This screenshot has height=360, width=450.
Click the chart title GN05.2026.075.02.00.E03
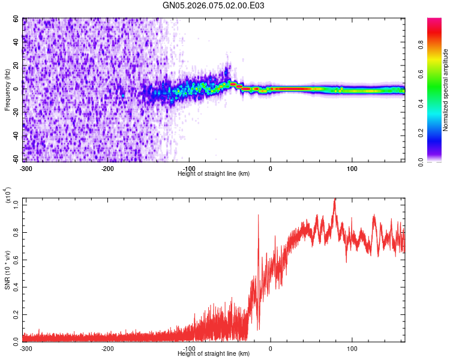(x=214, y=5)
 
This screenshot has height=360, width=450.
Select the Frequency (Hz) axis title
(x=7, y=90)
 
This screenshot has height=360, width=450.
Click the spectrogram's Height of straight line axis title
(x=214, y=173)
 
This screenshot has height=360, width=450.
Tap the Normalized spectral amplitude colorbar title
(x=446, y=90)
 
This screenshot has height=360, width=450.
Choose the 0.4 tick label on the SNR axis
(x=16, y=286)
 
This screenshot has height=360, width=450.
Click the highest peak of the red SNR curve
(x=335, y=200)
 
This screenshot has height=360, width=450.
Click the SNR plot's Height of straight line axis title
(x=214, y=354)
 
